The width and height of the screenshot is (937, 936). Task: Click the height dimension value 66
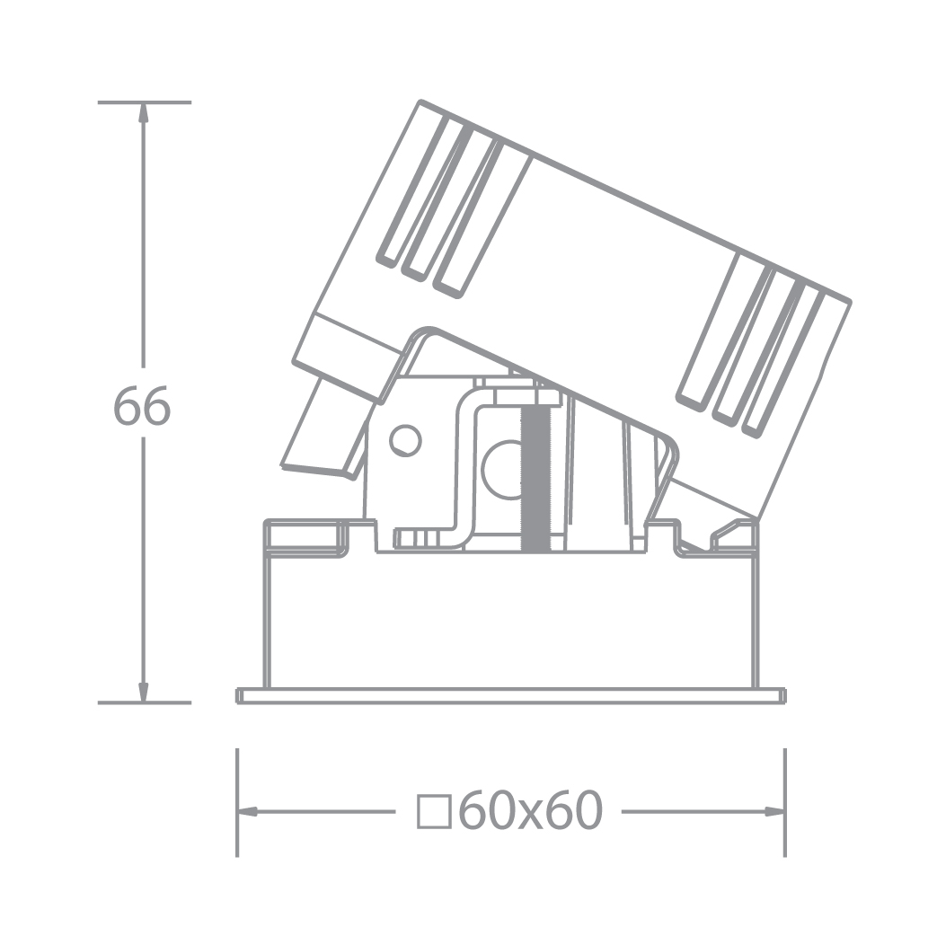[x=142, y=408]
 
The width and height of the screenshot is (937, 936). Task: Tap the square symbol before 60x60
[x=434, y=812]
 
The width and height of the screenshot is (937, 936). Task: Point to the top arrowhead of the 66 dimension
[x=143, y=111]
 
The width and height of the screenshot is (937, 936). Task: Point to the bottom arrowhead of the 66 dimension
[x=143, y=693]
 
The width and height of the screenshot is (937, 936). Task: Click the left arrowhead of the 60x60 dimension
[x=247, y=812]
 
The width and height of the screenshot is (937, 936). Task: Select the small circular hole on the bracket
[x=404, y=440]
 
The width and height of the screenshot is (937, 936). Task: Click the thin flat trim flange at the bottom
[x=510, y=696]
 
